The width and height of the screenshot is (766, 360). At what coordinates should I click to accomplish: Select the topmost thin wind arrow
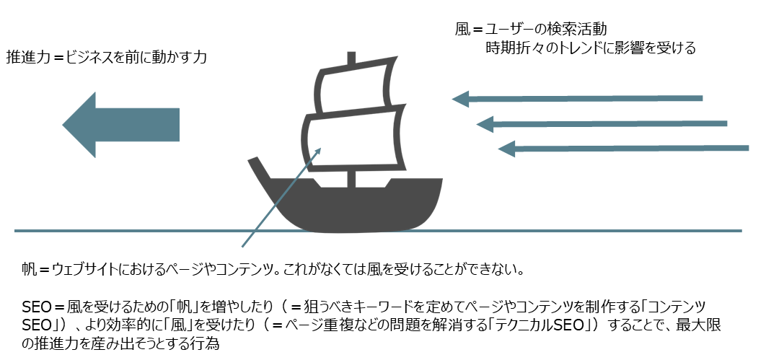[x=577, y=97]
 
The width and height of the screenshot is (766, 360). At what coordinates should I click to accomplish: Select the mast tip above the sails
[x=351, y=58]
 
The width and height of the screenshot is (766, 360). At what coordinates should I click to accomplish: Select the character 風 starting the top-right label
[x=462, y=30]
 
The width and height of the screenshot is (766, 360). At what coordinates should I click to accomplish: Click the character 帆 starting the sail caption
[x=28, y=271]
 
